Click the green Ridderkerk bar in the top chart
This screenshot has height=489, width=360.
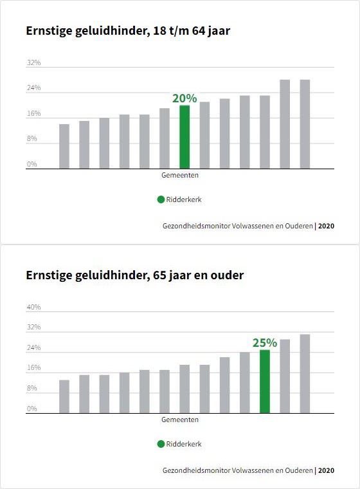pos(184,136)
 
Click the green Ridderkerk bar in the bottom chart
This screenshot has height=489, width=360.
pos(265,381)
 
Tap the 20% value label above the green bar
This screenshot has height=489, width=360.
pos(184,98)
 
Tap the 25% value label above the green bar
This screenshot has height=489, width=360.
pos(264,343)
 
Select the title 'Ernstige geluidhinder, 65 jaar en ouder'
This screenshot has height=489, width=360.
pos(134,275)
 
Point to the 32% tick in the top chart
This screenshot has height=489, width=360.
pos(33,63)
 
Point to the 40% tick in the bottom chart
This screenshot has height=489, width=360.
pos(33,308)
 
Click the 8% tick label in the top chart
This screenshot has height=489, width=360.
pos(32,139)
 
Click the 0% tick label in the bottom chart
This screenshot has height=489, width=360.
pos(32,409)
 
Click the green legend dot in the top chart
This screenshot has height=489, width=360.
pos(161,199)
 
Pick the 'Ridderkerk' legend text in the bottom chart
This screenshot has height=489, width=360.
pos(184,444)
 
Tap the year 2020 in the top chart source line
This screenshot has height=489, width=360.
pos(326,226)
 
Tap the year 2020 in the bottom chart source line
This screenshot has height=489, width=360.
pos(326,470)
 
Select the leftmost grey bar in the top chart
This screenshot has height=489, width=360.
pos(64,146)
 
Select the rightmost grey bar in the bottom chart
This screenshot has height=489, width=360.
pos(305,373)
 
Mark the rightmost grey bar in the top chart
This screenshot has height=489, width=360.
pos(305,124)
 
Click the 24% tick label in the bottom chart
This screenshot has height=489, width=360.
pos(33,348)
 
